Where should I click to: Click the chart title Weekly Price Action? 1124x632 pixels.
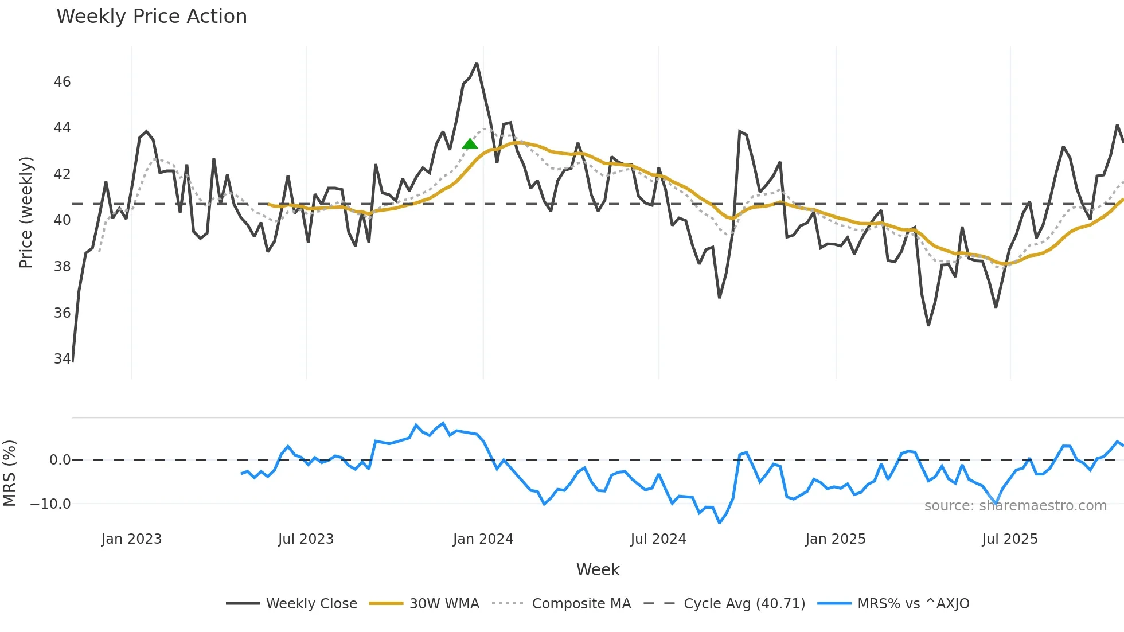coord(151,17)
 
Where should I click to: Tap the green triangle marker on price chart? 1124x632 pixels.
coord(470,144)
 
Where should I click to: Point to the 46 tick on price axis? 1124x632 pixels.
coord(62,82)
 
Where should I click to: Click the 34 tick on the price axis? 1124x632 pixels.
coord(62,359)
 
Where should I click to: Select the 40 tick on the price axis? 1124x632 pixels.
coord(62,220)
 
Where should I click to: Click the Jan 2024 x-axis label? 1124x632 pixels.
coord(483,539)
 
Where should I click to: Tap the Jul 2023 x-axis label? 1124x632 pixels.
coord(306,539)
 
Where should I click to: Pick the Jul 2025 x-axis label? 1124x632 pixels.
coord(1009,539)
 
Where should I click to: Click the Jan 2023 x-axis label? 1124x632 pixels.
coord(131,539)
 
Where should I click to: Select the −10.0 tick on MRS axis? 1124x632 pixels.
coord(50,504)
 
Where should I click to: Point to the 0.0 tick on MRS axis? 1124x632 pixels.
coord(60,460)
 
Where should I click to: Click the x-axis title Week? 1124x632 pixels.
coord(598,569)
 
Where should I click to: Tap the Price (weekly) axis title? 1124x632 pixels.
coord(26,212)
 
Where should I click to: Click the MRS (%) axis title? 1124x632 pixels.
coord(9,473)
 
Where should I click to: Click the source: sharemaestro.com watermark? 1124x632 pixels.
coord(1015,506)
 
